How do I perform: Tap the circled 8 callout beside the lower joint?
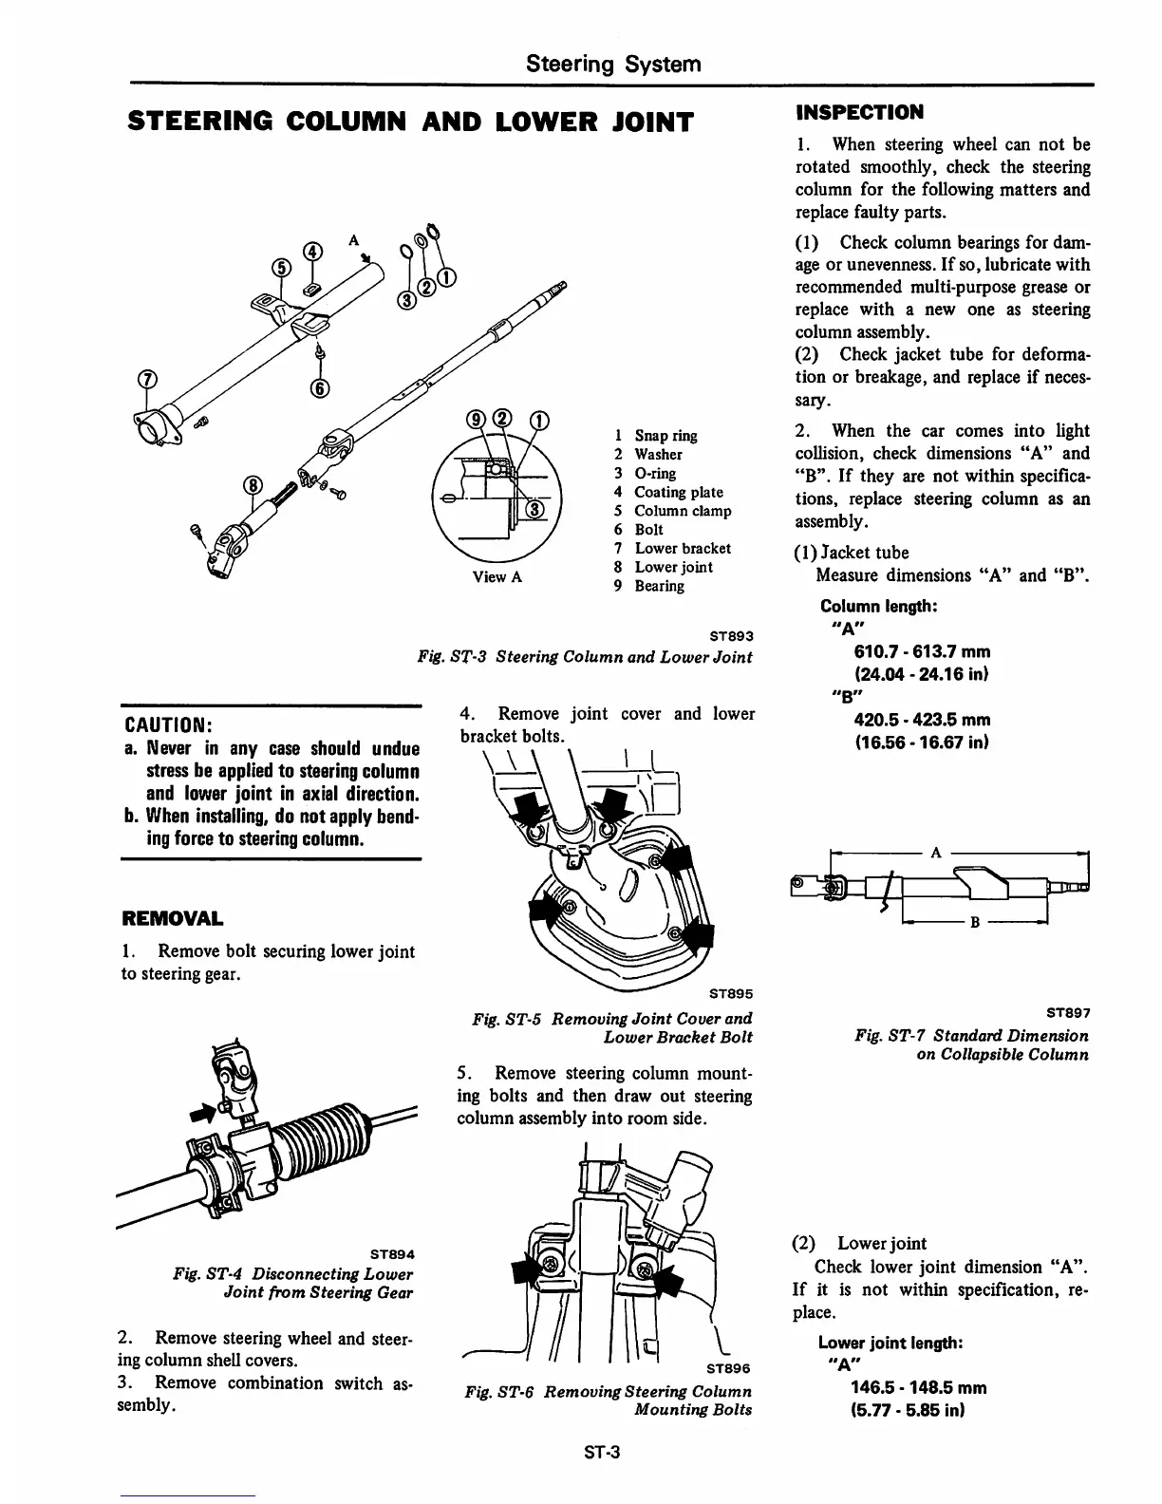253,486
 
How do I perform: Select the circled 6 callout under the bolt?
319,387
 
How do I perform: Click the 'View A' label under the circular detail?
497,577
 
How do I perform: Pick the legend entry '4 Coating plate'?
668,492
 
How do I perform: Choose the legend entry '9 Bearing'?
649,586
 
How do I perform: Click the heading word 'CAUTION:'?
167,724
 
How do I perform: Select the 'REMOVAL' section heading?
173,919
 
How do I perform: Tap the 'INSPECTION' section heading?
859,112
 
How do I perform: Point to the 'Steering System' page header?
614,64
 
